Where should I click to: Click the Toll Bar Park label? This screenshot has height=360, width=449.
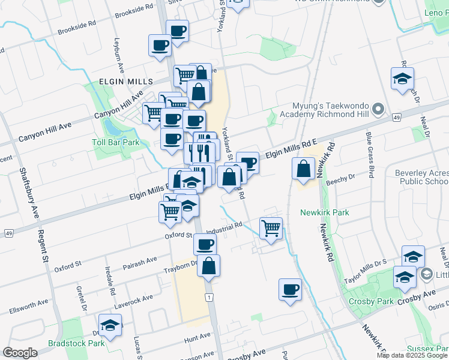(x=116, y=143)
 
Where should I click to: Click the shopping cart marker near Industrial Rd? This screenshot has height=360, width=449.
(x=271, y=228)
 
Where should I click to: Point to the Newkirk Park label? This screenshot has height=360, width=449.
(x=324, y=212)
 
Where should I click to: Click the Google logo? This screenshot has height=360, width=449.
(x=20, y=353)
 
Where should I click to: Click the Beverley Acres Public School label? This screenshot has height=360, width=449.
(x=421, y=177)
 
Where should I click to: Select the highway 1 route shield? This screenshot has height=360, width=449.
(x=209, y=297)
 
